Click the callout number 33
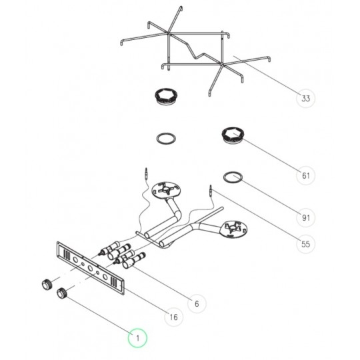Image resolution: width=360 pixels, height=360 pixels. tap(305, 99)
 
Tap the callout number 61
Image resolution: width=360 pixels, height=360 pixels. tap(305, 175)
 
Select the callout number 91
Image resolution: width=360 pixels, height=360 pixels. tap(305, 217)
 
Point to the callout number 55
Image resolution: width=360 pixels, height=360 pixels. tap(305, 244)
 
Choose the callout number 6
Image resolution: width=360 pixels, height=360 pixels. tap(197, 304)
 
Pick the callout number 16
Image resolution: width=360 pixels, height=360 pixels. tap(174, 317)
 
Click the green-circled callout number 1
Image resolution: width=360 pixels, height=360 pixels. tap(137, 338)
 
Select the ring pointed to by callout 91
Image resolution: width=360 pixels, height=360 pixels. tap(233, 177)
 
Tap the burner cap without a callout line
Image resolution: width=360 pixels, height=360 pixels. tap(167, 97)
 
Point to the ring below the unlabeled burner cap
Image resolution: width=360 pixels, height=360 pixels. tap(166, 139)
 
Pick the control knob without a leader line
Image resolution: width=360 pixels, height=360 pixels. tap(47, 285)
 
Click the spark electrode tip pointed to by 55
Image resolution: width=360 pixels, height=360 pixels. tap(210, 189)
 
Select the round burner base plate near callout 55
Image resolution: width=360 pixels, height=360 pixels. tap(233, 229)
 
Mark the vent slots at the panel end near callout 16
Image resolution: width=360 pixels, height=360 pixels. tap(114, 282)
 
